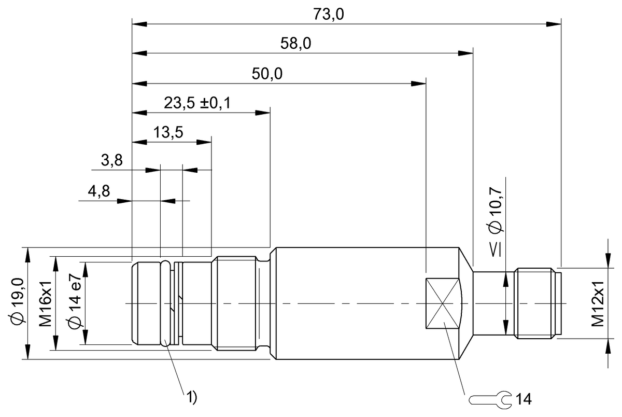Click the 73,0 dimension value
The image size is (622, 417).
point(329,14)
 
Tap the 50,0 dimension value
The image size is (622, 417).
point(267,74)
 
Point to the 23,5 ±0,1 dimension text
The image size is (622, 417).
point(197,103)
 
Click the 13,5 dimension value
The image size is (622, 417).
point(168,132)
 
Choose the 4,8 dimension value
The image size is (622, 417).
point(98,191)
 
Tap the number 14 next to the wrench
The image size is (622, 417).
point(524,399)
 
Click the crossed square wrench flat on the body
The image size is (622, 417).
point(442,303)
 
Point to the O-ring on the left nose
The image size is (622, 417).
point(165,303)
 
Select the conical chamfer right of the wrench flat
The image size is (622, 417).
point(466,303)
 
